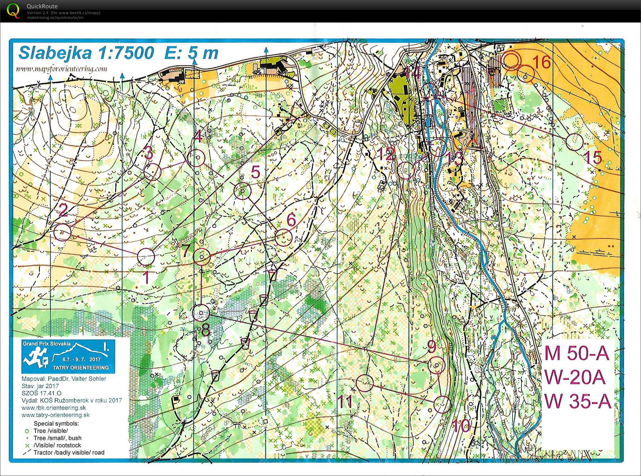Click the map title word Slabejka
click(x=55, y=53)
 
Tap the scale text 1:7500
click(x=126, y=53)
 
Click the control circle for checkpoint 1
click(x=146, y=257)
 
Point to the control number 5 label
click(x=255, y=172)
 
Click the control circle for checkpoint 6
click(x=284, y=237)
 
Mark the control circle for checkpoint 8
click(x=201, y=313)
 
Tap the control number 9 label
click(x=431, y=346)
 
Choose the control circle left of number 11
click(x=365, y=383)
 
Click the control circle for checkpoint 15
click(x=575, y=142)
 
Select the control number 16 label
click(x=542, y=62)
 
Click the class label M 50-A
click(x=577, y=353)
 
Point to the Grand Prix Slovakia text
click(x=47, y=343)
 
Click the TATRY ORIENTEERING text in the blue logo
click(x=81, y=368)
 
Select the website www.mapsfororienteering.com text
click(x=62, y=69)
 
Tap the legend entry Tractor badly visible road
click(x=69, y=452)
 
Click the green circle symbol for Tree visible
click(x=27, y=431)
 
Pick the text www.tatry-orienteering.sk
click(x=55, y=415)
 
